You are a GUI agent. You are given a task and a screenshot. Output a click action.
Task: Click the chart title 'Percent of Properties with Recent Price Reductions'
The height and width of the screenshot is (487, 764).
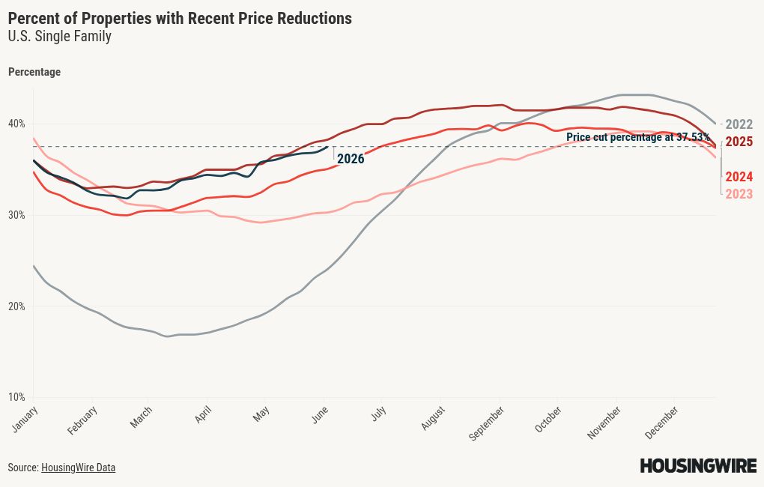pos(180,18)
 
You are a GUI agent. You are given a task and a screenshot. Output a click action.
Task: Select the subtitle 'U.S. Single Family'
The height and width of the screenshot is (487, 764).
pos(59,36)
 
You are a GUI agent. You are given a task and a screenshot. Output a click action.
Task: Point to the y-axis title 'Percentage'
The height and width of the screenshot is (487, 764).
pos(34,72)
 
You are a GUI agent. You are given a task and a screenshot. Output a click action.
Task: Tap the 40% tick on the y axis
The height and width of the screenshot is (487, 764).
pos(16,124)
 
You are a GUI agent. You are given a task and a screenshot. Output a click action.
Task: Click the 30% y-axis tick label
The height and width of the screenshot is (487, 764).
pos(16,215)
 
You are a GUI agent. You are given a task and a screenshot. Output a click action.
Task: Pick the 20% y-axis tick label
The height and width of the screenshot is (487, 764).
pos(16,306)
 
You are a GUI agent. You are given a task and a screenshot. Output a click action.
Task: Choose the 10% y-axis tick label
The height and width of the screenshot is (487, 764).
pos(16,397)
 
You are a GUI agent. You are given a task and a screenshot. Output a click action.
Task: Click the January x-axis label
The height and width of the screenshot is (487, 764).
pos(25,419)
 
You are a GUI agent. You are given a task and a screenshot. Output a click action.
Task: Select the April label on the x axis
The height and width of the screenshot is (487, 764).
pos(203,414)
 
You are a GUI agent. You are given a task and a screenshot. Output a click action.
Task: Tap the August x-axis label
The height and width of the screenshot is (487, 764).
pos(433,418)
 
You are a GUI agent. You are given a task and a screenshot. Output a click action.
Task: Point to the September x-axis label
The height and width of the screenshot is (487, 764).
pos(486,423)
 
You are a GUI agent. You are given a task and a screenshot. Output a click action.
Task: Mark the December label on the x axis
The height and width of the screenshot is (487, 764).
pos(661,422)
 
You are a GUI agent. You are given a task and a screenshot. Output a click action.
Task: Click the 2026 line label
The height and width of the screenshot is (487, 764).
pos(351,159)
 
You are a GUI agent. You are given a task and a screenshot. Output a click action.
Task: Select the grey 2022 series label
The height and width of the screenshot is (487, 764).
pos(739,124)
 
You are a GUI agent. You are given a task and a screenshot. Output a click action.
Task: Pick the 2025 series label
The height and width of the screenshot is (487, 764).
pos(739,142)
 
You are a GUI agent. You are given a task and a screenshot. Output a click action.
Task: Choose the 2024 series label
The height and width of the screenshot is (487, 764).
pos(739,177)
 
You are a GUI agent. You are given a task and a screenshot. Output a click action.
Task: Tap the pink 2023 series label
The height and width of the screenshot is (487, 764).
pos(739,194)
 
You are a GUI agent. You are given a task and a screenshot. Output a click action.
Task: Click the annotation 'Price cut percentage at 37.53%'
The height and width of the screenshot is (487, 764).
pos(638,137)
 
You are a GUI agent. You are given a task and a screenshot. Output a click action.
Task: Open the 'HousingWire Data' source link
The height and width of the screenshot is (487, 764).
pos(78,468)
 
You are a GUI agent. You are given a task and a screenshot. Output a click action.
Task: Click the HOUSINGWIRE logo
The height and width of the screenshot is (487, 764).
pos(698,465)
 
